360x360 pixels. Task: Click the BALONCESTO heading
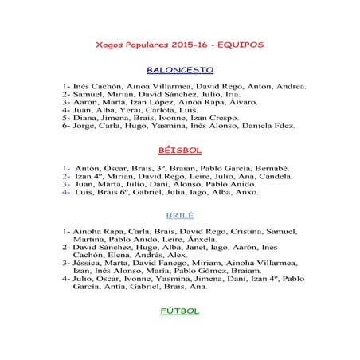pyautogui.click(x=180, y=69)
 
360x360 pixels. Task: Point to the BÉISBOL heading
pyautogui.click(x=180, y=149)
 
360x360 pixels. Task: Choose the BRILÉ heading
pyautogui.click(x=180, y=216)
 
